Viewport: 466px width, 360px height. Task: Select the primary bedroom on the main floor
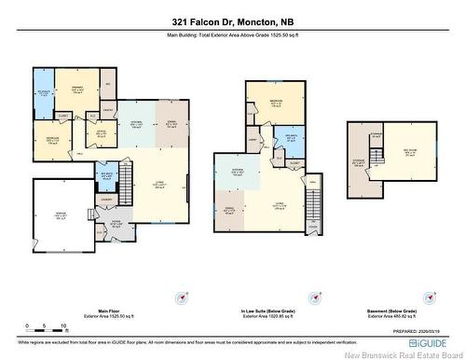[79, 91]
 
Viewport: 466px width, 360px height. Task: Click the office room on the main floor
[101, 132]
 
